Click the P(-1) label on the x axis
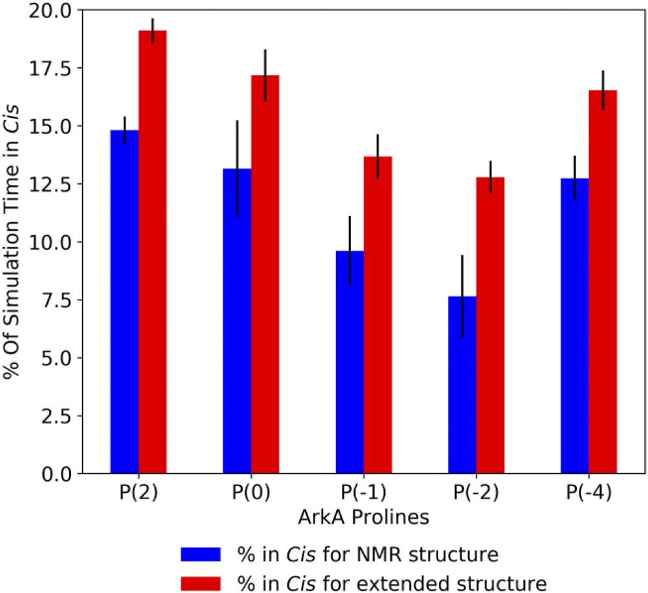(x=364, y=493)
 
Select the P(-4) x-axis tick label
(x=589, y=493)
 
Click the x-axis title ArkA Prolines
(x=364, y=517)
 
